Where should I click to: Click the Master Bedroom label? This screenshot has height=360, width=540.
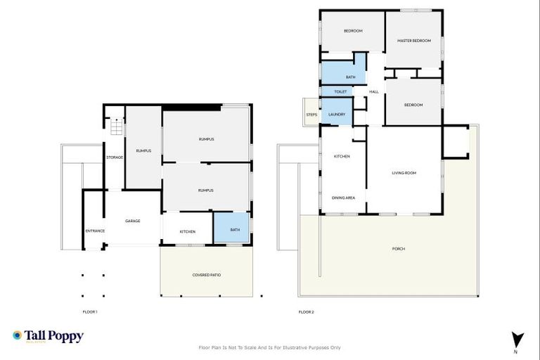coord(413,41)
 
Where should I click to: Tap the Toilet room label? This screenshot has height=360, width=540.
coord(340,91)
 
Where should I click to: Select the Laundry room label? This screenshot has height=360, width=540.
coord(337,113)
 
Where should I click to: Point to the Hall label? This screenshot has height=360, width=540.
coord(374,91)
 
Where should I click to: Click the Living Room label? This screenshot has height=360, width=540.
coord(404,172)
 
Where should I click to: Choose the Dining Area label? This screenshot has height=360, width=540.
coord(343,198)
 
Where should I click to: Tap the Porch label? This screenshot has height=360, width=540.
coord(399,249)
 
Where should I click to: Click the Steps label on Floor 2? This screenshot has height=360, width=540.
coord(311,115)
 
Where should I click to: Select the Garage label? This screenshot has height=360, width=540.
coord(132,221)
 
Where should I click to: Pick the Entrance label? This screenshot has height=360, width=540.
coord(95,231)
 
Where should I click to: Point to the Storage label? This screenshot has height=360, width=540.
coord(115,157)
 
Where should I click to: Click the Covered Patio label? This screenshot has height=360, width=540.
coord(207,275)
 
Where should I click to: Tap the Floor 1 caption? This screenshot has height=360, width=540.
coord(90,311)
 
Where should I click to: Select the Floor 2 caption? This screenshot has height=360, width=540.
coord(306,311)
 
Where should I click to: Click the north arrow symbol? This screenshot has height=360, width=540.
coord(517,338)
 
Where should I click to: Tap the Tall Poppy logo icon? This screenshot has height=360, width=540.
coord(17,336)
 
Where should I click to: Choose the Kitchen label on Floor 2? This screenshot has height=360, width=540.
coord(342,156)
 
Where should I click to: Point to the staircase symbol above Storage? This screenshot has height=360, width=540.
coord(115,127)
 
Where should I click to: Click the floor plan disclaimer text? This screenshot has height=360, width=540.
coord(270,347)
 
